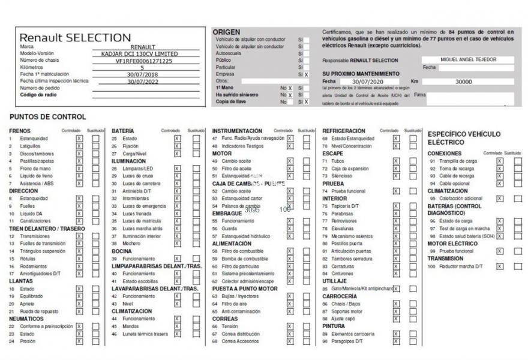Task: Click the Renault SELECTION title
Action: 75,37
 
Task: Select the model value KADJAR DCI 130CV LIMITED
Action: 140,53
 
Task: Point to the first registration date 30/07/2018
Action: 142,74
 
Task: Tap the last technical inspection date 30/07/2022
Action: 142,80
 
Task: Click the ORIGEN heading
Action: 226,32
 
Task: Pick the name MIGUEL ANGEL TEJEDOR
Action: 468,59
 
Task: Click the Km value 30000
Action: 463,81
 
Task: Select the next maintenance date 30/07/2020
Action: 367,81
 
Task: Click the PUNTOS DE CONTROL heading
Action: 48,116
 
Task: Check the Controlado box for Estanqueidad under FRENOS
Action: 79,139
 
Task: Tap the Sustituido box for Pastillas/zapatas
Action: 95,161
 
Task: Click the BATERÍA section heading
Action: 123,131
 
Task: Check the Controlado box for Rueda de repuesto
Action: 79,311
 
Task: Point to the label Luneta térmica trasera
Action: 145,334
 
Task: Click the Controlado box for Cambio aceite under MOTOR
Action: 290,161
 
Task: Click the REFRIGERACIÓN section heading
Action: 344,131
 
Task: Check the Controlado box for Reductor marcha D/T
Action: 499,266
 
